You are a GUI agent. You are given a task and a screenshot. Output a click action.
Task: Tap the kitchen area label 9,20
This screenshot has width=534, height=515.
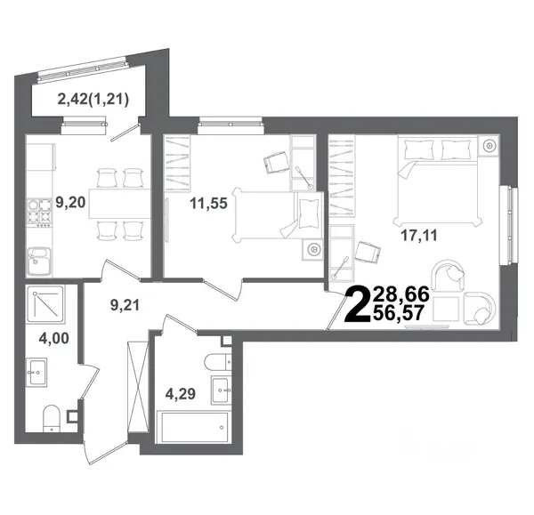pyautogui.click(x=70, y=203)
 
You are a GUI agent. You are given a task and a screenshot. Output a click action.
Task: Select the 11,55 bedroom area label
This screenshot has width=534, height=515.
pyautogui.click(x=208, y=204)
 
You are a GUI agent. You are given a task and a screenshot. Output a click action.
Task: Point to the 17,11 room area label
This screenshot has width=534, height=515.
pyautogui.click(x=419, y=235)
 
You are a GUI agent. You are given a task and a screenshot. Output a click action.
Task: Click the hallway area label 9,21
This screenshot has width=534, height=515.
pyautogui.click(x=125, y=305)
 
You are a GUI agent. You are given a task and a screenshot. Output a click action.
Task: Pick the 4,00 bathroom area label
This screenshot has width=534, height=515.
pyautogui.click(x=53, y=338)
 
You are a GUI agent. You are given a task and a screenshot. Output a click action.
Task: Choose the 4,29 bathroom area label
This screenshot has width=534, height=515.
pyautogui.click(x=181, y=394)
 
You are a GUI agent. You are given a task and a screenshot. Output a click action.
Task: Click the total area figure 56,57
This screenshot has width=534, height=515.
pyautogui.click(x=399, y=313)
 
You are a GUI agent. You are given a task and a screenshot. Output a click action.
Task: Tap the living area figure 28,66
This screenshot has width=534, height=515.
pyautogui.click(x=400, y=294)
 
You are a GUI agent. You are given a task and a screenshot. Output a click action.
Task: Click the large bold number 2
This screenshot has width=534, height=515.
pyautogui.click(x=358, y=305)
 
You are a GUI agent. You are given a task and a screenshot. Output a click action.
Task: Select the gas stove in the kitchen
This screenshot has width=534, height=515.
pyautogui.click(x=39, y=213)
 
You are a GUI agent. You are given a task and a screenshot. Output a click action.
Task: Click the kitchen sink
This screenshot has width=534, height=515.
pyautogui.click(x=39, y=262)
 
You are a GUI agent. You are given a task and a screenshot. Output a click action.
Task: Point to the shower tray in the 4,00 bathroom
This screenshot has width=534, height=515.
pyautogui.click(x=45, y=303)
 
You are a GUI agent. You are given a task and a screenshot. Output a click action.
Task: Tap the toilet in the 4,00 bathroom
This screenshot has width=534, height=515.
pyautogui.click(x=52, y=418)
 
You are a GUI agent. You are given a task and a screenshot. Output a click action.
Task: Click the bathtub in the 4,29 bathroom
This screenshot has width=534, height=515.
pyautogui.click(x=192, y=427)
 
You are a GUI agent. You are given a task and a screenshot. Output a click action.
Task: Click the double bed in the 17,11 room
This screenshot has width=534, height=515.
pyautogui.click(x=438, y=181)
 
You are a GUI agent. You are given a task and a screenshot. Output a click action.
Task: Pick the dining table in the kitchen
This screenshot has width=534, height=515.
pyautogui.click(x=120, y=203)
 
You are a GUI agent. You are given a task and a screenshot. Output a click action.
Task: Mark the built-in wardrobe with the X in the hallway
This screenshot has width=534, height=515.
pyautogui.click(x=138, y=387)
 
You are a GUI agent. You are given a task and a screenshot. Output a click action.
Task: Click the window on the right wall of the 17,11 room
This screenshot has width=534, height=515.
pyautogui.click(x=509, y=225)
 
